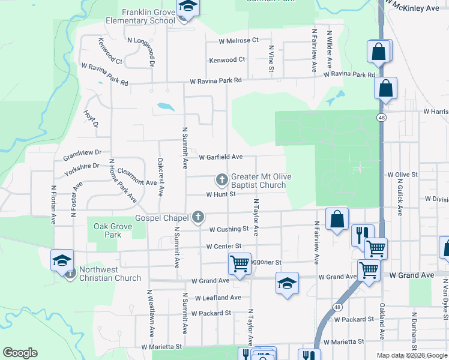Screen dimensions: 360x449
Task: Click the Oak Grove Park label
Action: [x=107, y=230]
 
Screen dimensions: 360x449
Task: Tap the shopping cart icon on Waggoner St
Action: [x=240, y=263]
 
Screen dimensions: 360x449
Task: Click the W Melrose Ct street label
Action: [x=238, y=40]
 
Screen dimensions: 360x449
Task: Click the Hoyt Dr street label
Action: [x=91, y=120]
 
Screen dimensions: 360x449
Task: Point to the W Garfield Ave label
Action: [x=220, y=157]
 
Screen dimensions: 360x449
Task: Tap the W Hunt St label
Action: [x=221, y=194]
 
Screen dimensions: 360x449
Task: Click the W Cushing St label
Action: [x=229, y=229]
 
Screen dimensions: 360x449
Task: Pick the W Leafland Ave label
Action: [x=217, y=298]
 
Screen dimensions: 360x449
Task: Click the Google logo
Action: [x=20, y=353]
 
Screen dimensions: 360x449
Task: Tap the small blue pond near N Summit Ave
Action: [x=165, y=108]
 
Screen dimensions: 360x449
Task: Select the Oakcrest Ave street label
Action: [x=160, y=176]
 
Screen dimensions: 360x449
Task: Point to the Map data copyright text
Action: [x=412, y=355]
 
